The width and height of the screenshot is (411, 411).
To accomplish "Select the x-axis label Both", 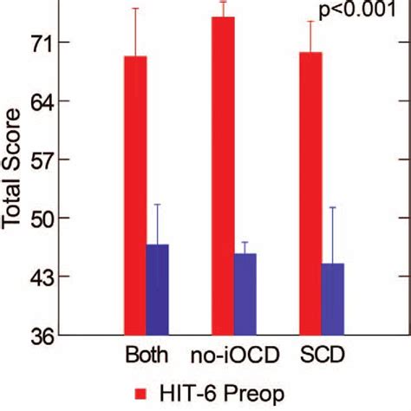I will click(147, 357).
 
